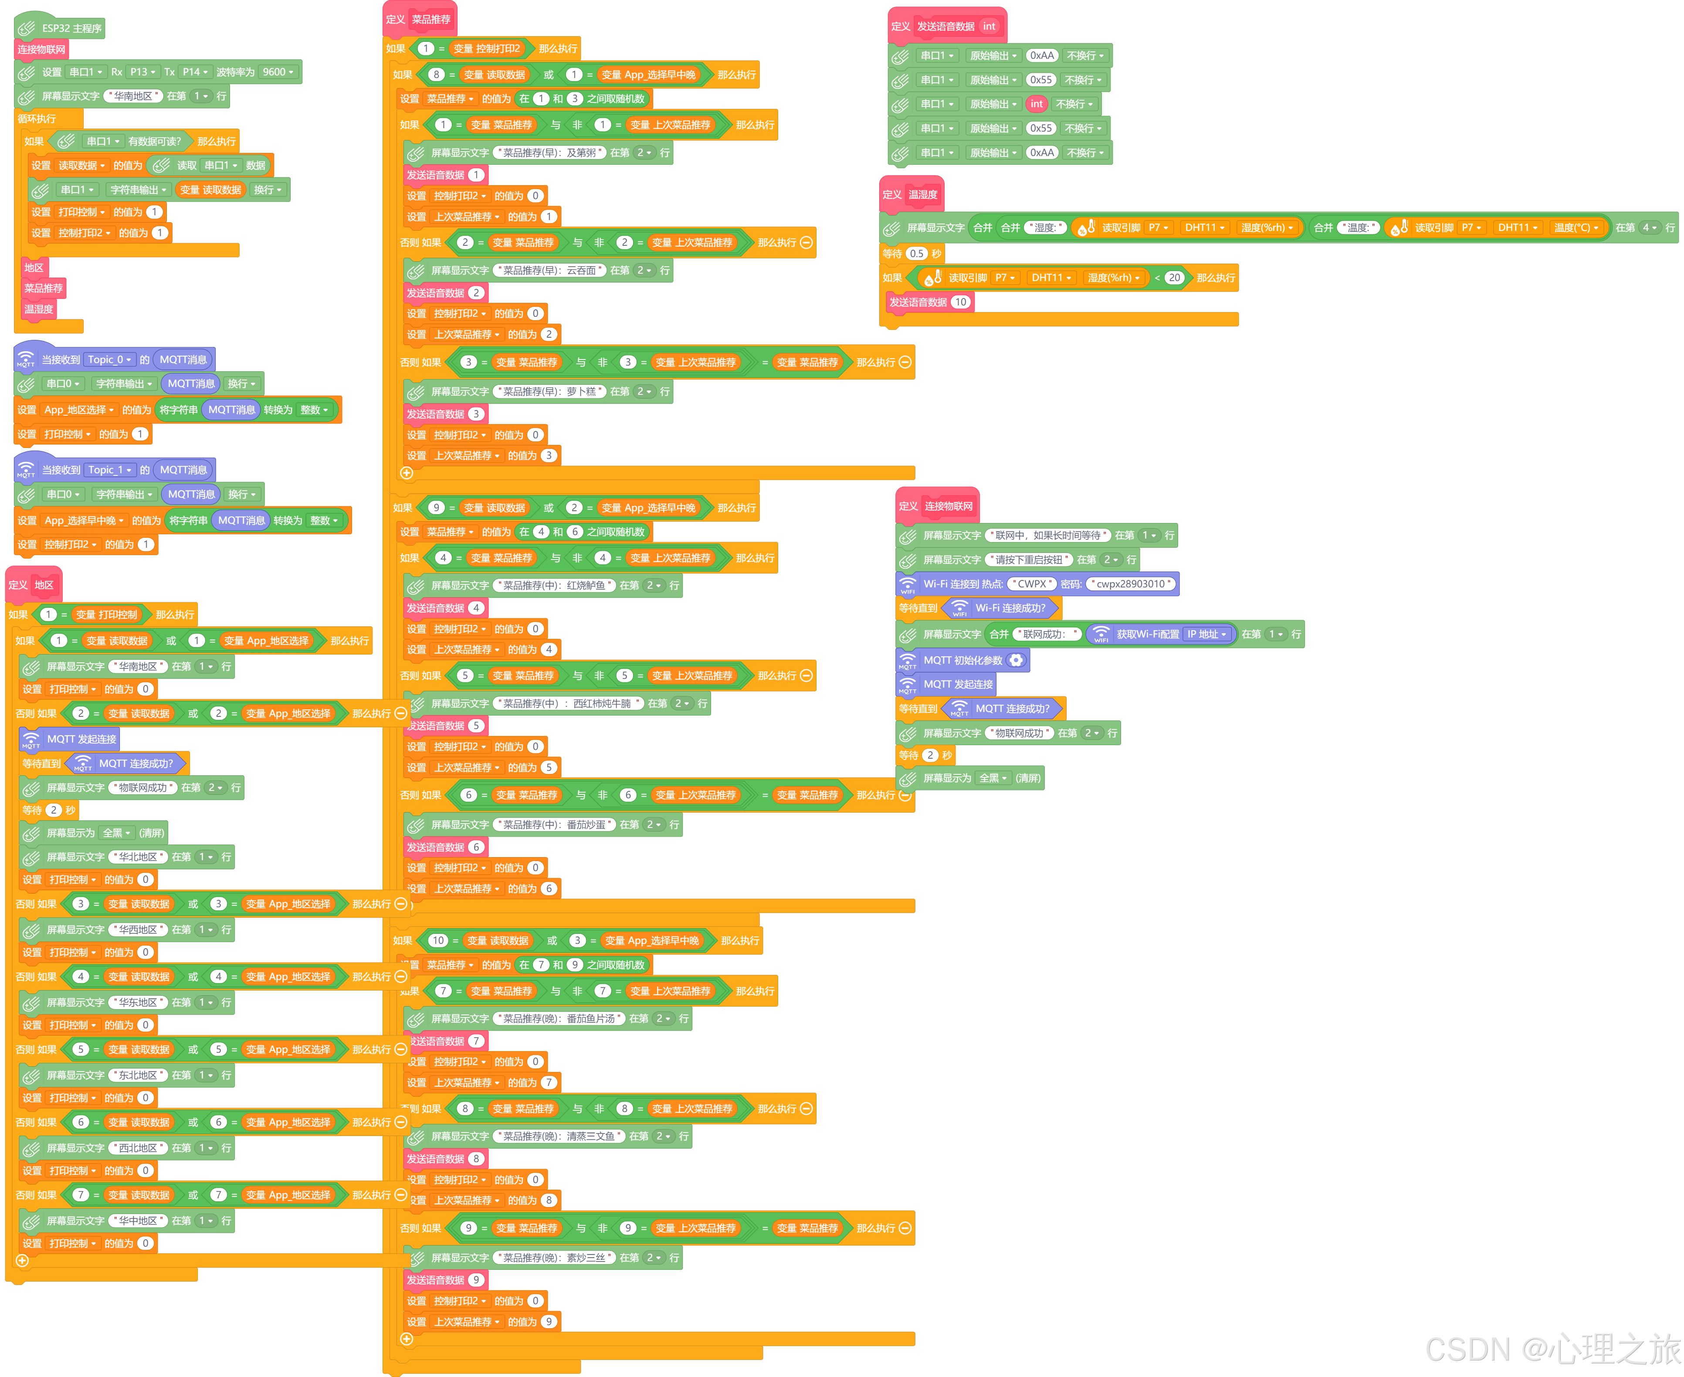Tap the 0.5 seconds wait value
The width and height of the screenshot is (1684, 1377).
point(917,254)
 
